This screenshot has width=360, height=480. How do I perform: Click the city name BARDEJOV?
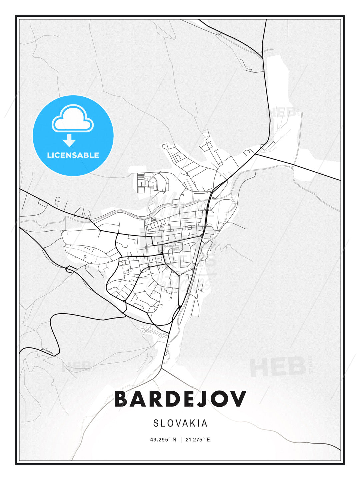pyautogui.click(x=180, y=399)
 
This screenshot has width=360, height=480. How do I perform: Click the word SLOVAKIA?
pyautogui.click(x=180, y=423)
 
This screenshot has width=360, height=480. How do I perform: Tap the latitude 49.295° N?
pyautogui.click(x=163, y=440)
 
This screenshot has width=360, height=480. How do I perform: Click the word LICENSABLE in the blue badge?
pyautogui.click(x=73, y=155)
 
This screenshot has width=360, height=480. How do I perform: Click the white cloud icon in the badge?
pyautogui.click(x=73, y=119)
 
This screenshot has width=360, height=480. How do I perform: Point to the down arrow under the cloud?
pyautogui.click(x=69, y=140)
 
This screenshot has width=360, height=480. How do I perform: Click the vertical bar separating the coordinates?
pyautogui.click(x=181, y=440)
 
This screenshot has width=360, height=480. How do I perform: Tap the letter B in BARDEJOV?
pyautogui.click(x=122, y=399)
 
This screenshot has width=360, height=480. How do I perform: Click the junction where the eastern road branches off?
pyautogui.click(x=256, y=154)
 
